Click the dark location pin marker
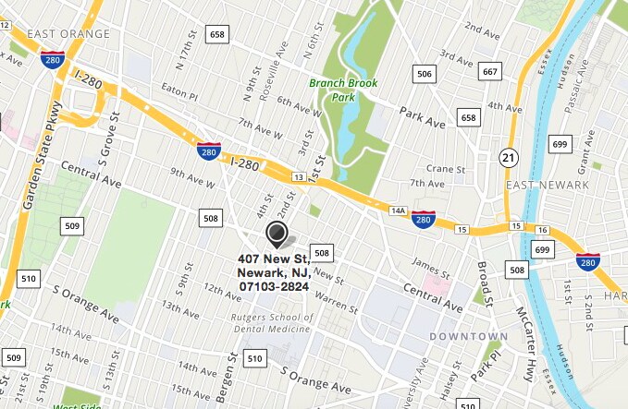tap(277, 232)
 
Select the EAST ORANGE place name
tap(68, 34)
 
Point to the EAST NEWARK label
tap(547, 185)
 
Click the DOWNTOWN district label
tap(469, 336)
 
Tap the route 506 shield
tap(425, 73)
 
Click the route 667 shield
tap(490, 71)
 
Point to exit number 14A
tap(398, 211)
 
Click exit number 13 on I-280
tap(298, 175)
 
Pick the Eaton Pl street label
tap(180, 93)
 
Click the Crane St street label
tap(445, 169)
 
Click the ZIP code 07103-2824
tap(273, 286)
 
